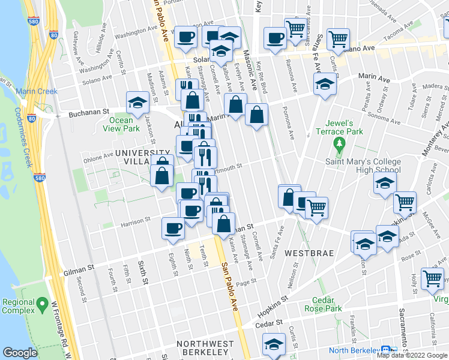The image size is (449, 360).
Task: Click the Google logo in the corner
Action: [20, 353]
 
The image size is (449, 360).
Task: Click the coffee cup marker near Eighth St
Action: [173, 229]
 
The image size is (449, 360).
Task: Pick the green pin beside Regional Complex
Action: [42, 305]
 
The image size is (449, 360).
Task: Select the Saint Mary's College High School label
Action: [371, 165]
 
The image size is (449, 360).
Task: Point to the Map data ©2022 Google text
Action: [412, 355]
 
